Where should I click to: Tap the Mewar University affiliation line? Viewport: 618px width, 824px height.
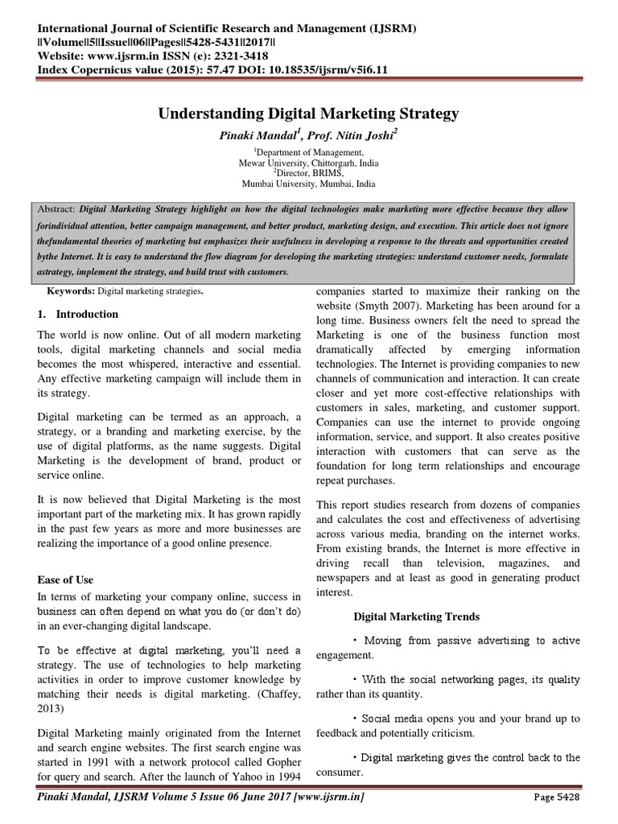click(x=308, y=161)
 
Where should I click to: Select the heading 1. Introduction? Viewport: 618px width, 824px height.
click(x=78, y=314)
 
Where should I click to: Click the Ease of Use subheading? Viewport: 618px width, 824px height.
click(x=66, y=579)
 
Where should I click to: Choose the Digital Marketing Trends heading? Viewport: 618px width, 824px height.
click(x=417, y=616)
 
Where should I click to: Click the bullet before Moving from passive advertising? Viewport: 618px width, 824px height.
click(x=356, y=641)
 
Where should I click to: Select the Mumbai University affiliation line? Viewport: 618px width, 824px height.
click(x=308, y=183)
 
